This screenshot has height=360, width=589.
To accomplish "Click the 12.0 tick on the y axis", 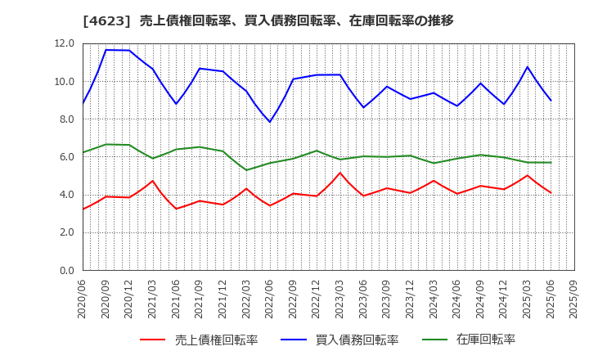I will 65,43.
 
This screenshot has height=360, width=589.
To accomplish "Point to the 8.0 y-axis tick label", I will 65,119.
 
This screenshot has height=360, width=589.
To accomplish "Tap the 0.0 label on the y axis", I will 65,271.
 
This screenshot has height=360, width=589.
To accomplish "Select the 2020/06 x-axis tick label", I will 82,301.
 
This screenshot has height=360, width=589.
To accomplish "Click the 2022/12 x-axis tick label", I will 317,301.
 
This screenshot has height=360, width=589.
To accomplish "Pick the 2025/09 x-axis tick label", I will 574,301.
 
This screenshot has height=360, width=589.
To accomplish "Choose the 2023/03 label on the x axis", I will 340,301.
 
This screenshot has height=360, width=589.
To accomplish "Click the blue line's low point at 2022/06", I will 270,122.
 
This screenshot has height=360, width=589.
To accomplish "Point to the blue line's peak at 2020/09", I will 106,50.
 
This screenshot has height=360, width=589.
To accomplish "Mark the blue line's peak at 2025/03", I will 528,67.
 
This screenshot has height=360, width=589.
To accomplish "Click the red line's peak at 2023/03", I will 340,173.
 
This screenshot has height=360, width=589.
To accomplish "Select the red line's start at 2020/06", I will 83,209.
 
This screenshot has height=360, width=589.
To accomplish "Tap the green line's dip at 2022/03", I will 246,170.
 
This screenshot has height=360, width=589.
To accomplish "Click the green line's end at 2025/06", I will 551,162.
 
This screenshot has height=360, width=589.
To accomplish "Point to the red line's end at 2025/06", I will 551,193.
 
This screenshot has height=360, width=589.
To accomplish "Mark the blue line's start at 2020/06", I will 83,104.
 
